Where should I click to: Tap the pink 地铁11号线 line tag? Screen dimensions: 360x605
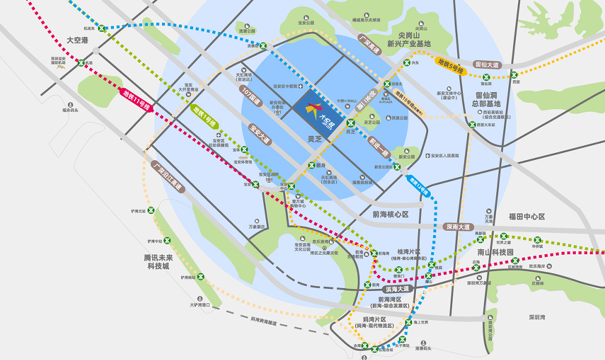coord(136,100)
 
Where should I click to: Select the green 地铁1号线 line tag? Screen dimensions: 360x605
coord(204,116)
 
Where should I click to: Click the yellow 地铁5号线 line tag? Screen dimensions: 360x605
coord(450,66)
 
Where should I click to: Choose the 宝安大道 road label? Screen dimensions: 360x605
coord(260,135)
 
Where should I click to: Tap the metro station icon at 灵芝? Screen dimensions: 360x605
coord(351,123)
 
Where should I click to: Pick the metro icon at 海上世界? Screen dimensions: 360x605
coord(408,322)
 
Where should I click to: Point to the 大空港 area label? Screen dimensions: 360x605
coord(78,40)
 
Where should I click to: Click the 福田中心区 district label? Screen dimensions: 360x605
coord(527,217)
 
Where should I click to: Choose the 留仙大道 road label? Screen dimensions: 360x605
coord(486,65)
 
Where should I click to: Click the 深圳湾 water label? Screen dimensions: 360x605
coord(537,317)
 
